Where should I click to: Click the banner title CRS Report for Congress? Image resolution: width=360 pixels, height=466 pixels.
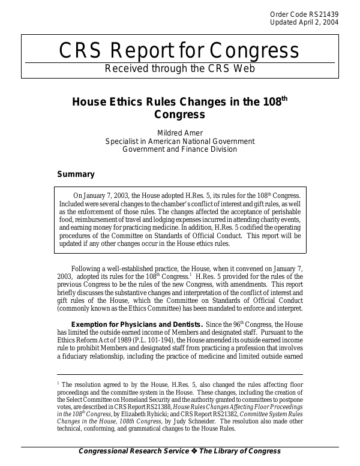coord(179,52)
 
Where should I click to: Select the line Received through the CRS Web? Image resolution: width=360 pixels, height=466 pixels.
coord(180,68)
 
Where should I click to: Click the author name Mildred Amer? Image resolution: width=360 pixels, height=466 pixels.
coord(180,132)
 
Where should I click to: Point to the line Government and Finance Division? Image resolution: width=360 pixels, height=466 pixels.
coord(180,149)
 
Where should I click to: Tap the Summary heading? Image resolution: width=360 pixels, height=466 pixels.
coord(76,175)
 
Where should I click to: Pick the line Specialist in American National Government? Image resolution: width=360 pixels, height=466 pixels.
coord(180,141)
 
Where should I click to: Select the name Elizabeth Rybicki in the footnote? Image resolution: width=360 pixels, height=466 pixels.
coord(142,414)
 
